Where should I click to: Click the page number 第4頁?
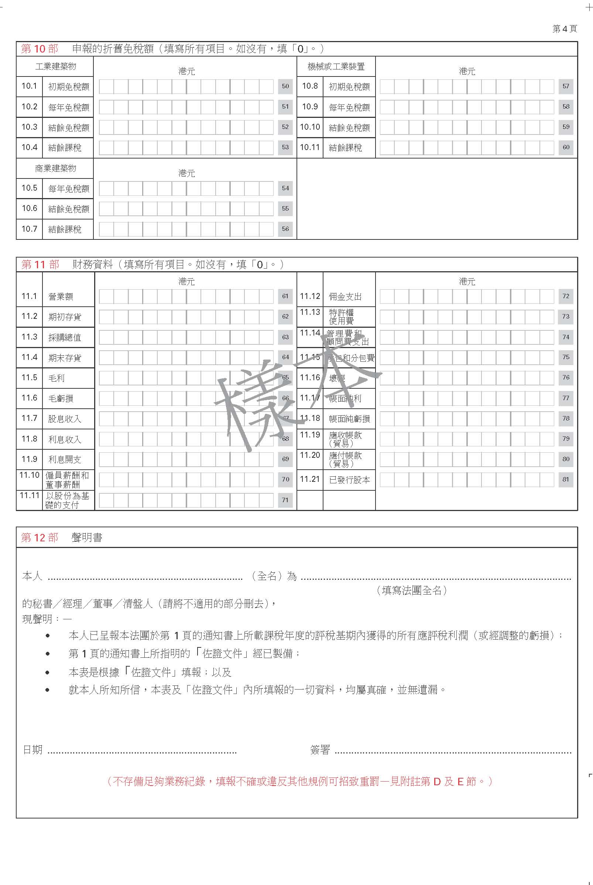click(x=564, y=29)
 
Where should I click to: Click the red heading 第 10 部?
click(x=40, y=49)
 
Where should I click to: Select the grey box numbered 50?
click(x=285, y=86)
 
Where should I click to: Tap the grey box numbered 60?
click(x=565, y=147)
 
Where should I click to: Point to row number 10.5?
click(x=30, y=188)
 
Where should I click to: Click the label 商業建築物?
click(x=56, y=169)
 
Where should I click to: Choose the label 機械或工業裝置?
click(x=336, y=67)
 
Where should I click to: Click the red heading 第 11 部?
click(x=40, y=265)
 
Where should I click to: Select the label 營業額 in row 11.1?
click(x=61, y=297)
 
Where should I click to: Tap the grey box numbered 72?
click(x=565, y=296)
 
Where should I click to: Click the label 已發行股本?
click(x=349, y=480)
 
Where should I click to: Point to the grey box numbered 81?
click(x=565, y=479)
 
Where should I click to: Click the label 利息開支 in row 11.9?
click(x=65, y=459)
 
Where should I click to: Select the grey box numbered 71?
click(x=285, y=500)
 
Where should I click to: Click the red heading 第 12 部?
click(x=40, y=537)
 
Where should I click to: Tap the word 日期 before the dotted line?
click(x=32, y=749)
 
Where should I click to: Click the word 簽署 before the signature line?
click(x=320, y=749)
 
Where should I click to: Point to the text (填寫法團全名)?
click(x=412, y=590)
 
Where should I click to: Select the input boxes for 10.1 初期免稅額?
click(x=186, y=86)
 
